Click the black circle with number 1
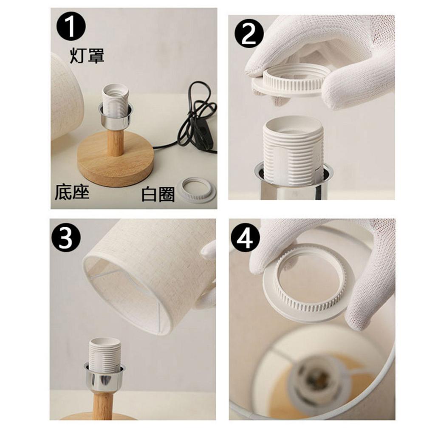point(71,27)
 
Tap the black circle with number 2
point(249,34)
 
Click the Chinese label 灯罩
point(87,56)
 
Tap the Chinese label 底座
point(72,192)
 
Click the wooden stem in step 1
point(115,143)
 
